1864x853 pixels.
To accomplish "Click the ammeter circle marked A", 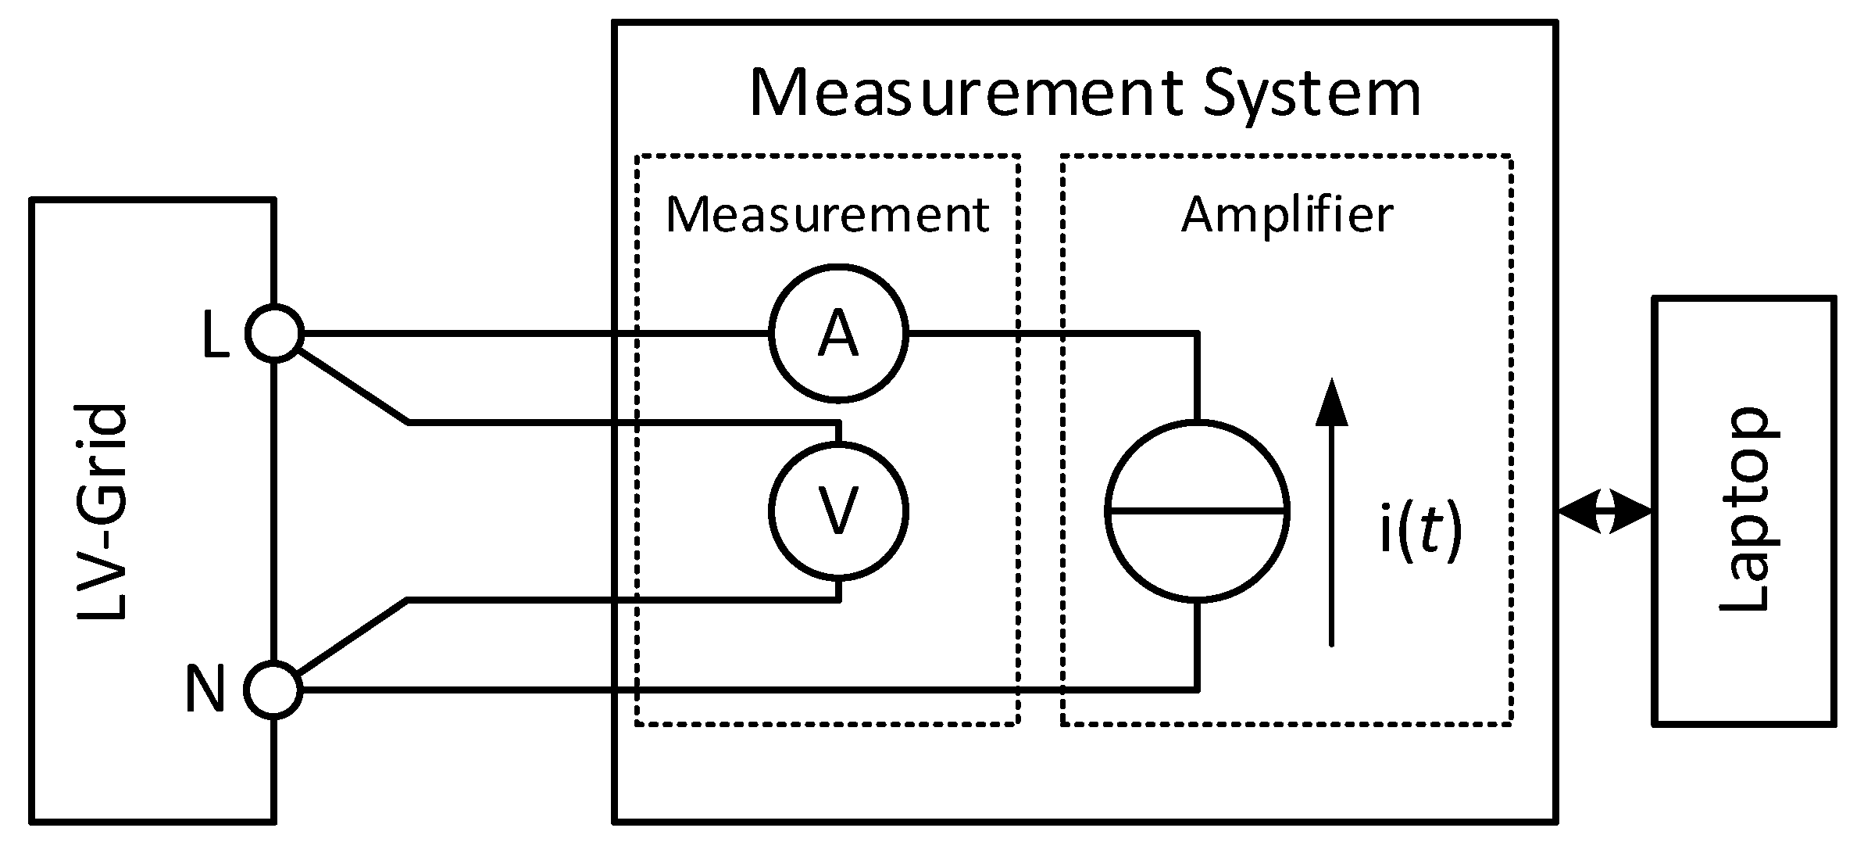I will (x=838, y=334).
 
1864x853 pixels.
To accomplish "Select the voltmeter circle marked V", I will (x=838, y=511).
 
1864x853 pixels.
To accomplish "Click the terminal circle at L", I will (x=274, y=334).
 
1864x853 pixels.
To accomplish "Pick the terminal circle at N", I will (x=273, y=689).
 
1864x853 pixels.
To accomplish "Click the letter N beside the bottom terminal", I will (x=205, y=690).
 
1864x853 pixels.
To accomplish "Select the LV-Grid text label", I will (x=102, y=512).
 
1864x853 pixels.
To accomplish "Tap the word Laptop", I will (x=1743, y=510).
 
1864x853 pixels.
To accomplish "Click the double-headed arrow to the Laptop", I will (x=1605, y=512).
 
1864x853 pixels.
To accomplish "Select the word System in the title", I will (x=1312, y=94).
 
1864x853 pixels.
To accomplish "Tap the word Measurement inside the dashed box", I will (x=827, y=215).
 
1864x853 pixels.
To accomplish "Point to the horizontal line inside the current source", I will (x=1197, y=511).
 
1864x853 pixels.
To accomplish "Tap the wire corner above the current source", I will (x=1197, y=335).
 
